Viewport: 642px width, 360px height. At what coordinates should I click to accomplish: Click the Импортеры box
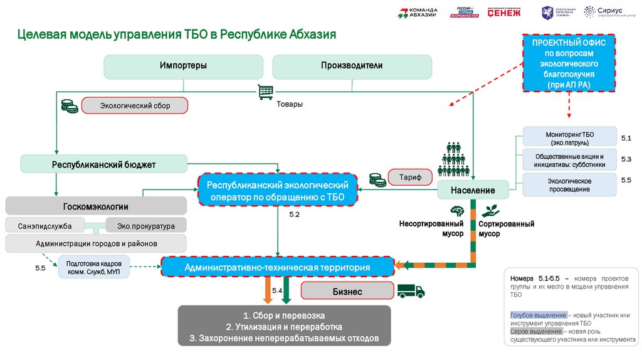[183, 66]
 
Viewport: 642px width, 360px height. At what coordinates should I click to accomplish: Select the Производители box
[352, 66]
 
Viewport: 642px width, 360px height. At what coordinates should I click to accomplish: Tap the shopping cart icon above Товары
[265, 92]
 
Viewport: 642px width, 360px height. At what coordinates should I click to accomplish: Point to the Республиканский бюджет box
[103, 164]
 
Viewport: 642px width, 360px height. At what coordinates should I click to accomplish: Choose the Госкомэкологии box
[96, 206]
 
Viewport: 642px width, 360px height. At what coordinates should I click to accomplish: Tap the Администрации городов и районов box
[96, 243]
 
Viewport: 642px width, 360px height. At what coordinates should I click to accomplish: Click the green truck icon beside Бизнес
[411, 291]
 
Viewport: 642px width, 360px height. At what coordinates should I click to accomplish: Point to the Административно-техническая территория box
[277, 267]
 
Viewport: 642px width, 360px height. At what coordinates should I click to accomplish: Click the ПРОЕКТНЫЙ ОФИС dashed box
[569, 65]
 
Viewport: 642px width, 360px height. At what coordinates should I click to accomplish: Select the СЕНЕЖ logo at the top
[504, 13]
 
